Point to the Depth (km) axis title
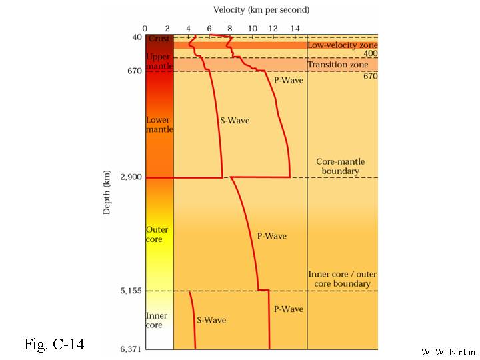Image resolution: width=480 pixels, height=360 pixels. [x=107, y=192]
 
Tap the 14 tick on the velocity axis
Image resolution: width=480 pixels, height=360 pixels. [x=295, y=27]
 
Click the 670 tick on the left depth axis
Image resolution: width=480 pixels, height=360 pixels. [x=134, y=71]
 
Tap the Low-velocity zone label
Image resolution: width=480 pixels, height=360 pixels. [x=342, y=45]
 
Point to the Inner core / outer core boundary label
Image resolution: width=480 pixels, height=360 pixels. [x=339, y=279]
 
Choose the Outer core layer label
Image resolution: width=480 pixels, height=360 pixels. [x=157, y=234]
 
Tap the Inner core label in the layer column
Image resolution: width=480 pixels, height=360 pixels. [x=157, y=320]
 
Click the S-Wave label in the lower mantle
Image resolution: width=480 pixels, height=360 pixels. [x=235, y=121]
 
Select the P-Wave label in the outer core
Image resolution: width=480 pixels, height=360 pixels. [x=271, y=236]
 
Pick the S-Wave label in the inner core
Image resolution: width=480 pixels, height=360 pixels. [x=211, y=320]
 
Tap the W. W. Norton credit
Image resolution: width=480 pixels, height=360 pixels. [x=448, y=351]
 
